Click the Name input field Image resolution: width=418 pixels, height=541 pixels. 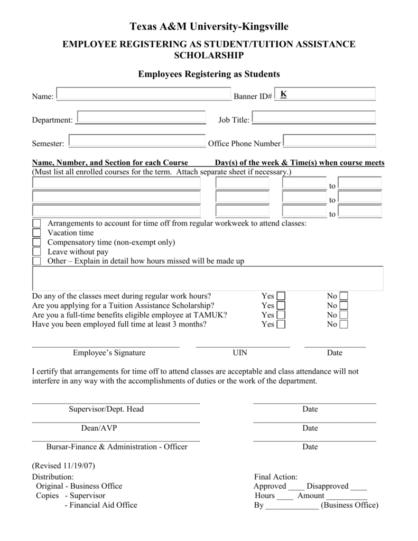point(143,94)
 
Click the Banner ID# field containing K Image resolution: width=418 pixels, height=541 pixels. point(324,94)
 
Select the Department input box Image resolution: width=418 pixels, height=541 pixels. point(141,117)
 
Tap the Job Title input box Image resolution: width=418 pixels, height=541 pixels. point(314,117)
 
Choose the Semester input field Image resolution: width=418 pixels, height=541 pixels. point(137,141)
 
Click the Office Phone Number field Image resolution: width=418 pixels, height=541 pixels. point(329,141)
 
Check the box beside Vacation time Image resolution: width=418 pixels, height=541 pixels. point(36,233)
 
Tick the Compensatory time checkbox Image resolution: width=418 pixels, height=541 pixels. point(36,242)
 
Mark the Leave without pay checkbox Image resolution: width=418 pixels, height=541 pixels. point(36,252)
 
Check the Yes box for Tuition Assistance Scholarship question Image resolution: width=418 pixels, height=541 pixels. point(281,305)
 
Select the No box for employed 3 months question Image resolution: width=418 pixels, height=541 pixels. point(344,324)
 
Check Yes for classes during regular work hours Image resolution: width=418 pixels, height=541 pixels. point(281,296)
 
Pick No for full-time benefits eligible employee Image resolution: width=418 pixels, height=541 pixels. point(344,315)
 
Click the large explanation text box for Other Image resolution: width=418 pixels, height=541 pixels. point(208,278)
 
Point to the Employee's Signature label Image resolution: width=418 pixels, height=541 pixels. point(109,353)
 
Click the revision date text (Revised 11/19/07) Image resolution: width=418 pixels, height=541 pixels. point(63,466)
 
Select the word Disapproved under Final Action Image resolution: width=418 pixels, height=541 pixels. point(328,486)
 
